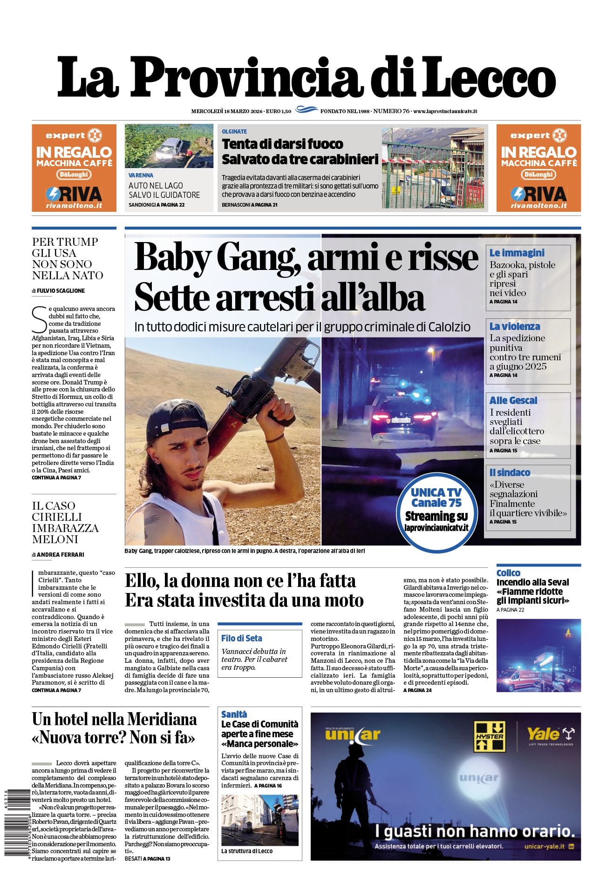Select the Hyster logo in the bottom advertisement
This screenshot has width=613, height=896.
pos(489,736)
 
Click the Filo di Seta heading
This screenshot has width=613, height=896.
pos(241,638)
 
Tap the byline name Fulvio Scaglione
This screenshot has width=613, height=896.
pos(61,290)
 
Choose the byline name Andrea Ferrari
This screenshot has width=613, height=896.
pos(60,554)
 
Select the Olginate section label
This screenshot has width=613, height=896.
pos(234,132)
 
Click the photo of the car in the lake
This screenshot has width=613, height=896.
pos(169,146)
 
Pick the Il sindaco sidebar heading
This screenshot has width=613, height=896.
pos(510,472)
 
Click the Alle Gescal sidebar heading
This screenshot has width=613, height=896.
pos(513,400)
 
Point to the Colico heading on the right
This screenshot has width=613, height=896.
pos(508,573)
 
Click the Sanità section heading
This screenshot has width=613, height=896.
pos(234,714)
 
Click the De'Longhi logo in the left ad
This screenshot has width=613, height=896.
pos(74,175)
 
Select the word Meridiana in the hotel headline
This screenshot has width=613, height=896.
pos(161,720)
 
